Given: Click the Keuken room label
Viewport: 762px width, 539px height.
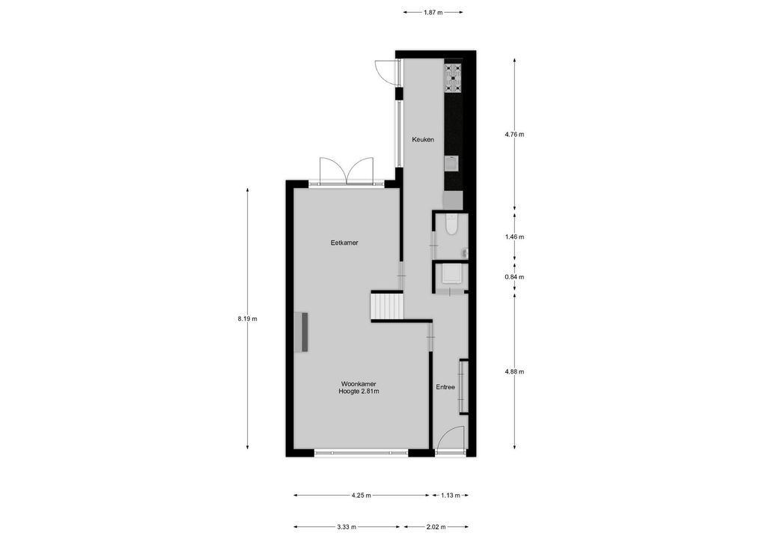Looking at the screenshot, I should (x=423, y=140).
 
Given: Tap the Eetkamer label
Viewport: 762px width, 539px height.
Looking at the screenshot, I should (x=344, y=243).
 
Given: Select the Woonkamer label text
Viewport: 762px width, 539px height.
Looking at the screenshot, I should (x=358, y=383).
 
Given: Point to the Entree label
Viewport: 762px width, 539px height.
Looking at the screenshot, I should (x=445, y=387).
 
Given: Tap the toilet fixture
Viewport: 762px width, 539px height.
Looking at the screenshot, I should (x=451, y=225).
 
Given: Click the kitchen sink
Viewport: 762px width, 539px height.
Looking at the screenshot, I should (x=451, y=163).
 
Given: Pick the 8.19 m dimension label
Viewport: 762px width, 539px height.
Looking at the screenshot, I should (x=247, y=319).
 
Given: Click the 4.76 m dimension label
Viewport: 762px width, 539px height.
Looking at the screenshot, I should (x=515, y=135).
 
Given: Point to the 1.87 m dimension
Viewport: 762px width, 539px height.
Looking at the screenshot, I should (x=433, y=12).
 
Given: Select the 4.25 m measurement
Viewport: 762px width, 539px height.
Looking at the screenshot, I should (x=361, y=496).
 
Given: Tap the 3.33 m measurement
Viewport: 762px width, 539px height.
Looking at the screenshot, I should (x=347, y=526).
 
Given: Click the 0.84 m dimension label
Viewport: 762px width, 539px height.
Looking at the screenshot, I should (x=515, y=277).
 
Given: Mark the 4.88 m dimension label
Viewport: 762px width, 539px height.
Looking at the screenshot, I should (x=515, y=371).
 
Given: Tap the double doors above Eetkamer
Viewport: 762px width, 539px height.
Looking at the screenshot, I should (x=346, y=170).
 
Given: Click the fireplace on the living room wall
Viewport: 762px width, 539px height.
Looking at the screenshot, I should (x=305, y=332).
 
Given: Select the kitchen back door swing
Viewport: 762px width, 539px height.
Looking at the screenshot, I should (x=385, y=71).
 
